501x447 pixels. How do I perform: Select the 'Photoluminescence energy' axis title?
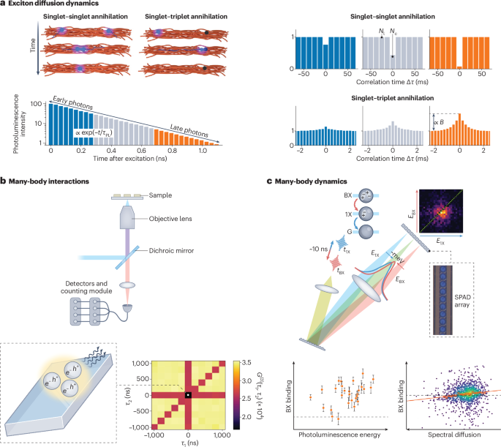point(340,436)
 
